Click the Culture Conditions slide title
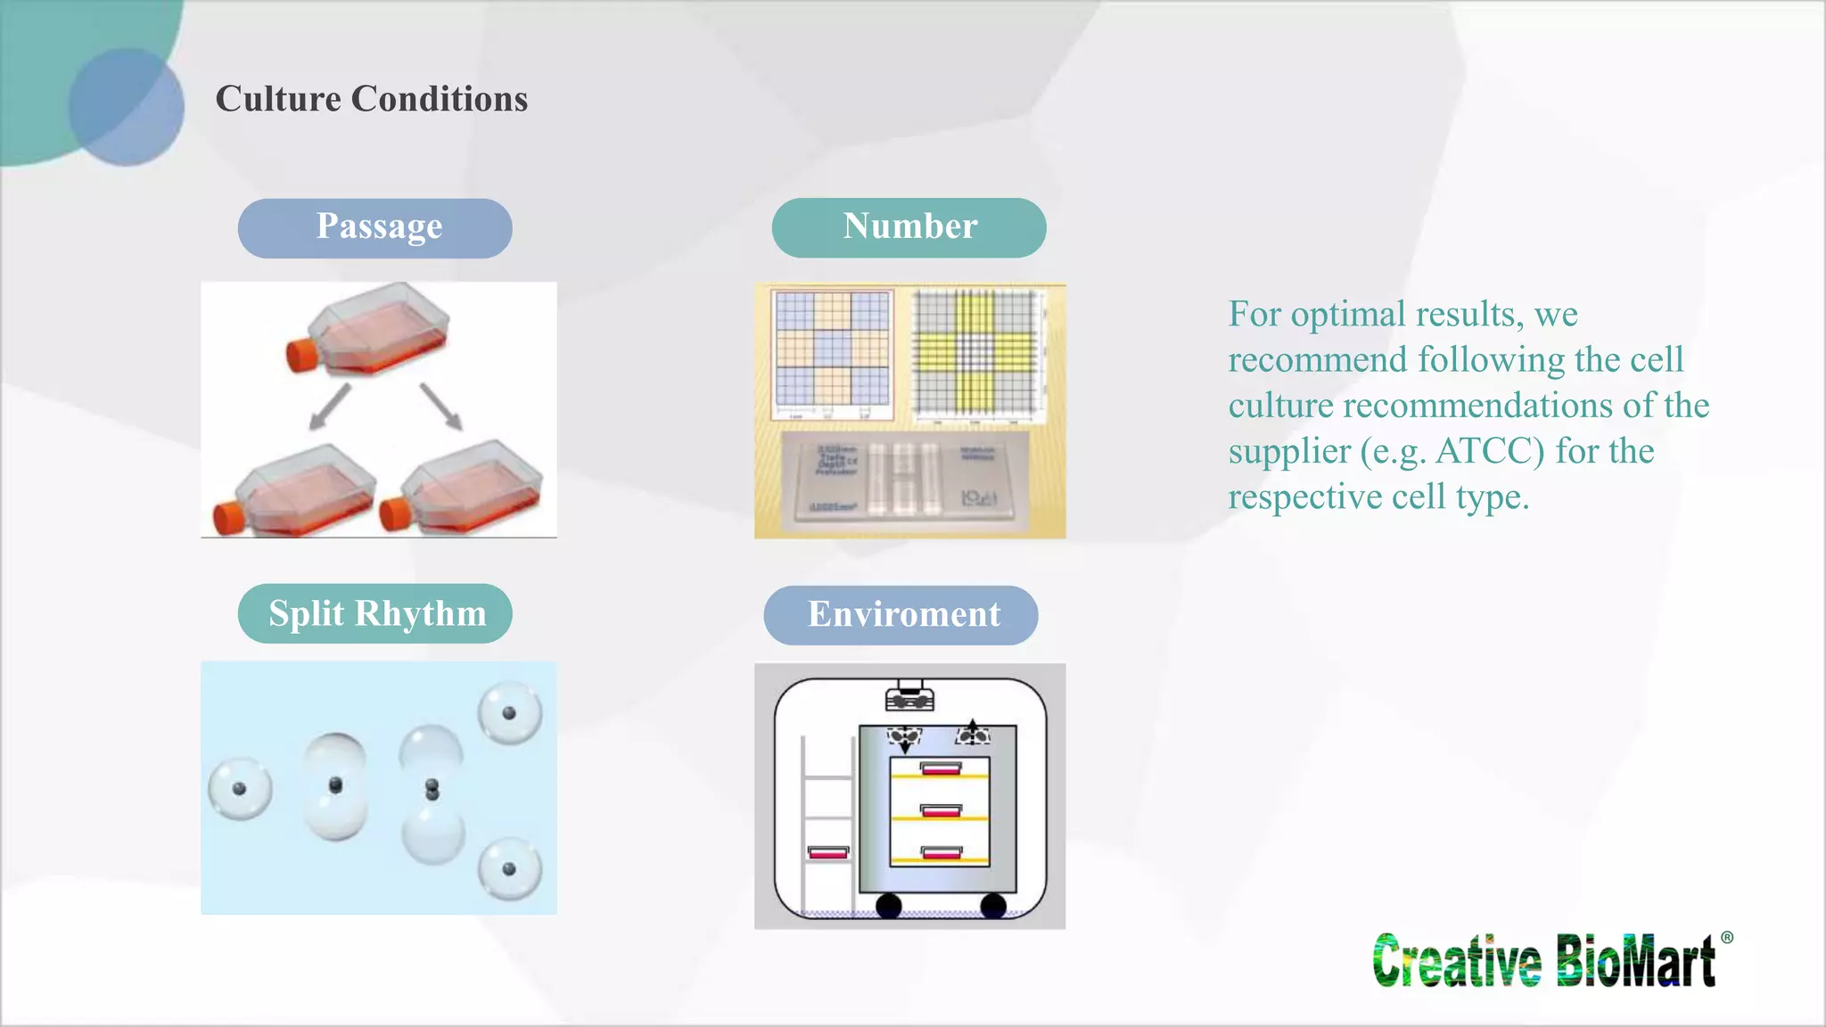tap(371, 98)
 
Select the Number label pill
tap(909, 228)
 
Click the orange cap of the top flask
tap(300, 354)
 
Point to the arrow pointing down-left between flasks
tap(330, 407)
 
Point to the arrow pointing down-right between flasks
tap(440, 407)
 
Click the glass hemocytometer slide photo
tap(904, 477)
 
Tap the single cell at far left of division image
tap(240, 789)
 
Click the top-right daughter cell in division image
tap(509, 713)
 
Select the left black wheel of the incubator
tap(888, 907)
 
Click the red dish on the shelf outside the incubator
tap(828, 852)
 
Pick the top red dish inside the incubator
tap(941, 768)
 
